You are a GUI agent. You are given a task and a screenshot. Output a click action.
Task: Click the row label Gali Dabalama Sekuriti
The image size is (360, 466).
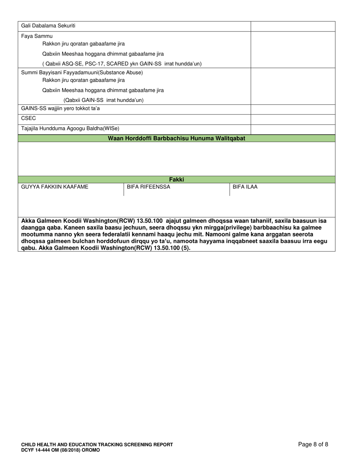pos(48,26)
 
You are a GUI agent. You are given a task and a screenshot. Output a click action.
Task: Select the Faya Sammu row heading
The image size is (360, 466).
pos(37,36)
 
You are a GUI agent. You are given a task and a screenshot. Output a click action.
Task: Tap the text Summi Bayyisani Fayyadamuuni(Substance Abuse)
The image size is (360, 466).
pos(82,72)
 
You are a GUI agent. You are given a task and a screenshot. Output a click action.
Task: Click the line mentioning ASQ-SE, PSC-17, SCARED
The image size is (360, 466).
pos(122,64)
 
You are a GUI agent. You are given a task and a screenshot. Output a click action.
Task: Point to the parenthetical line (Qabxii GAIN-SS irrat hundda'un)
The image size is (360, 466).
pos(103,100)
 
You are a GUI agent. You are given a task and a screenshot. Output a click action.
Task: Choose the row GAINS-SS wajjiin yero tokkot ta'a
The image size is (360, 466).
pos(61,109)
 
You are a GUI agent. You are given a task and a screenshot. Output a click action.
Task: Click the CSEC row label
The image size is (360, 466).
pos(28,119)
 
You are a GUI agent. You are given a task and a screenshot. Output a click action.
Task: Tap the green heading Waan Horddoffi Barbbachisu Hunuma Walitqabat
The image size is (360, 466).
pos(177,138)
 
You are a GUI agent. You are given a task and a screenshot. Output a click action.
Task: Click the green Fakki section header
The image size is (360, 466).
pos(177,180)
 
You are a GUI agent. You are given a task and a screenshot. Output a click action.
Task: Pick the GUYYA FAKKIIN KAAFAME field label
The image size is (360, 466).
pos(55,187)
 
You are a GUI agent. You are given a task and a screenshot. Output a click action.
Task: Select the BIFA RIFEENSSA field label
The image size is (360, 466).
pos(148,187)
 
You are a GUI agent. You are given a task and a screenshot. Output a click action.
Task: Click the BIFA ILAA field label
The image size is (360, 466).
pos(245,187)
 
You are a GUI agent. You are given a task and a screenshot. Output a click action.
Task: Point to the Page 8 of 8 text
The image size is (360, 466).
pos(313,444)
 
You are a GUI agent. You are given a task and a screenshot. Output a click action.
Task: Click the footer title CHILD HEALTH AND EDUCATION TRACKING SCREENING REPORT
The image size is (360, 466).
pos(97,444)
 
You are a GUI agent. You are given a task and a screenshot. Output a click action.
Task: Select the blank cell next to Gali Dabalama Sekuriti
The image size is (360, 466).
pos(293,26)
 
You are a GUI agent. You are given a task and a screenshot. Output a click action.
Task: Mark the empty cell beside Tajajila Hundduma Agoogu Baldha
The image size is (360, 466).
pos(293,129)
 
